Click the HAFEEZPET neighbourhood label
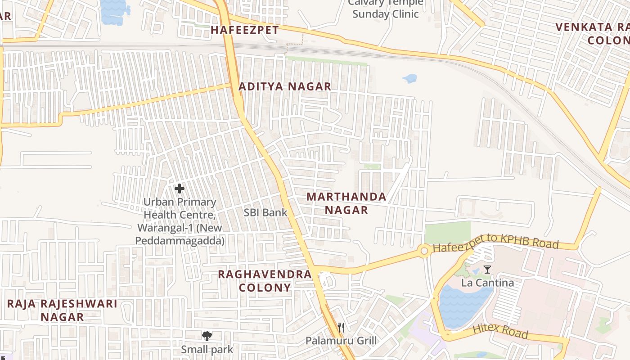[x=245, y=30]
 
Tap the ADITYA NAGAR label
[x=285, y=87]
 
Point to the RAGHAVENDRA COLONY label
[x=265, y=281]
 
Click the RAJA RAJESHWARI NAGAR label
[x=62, y=310]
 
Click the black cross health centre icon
[x=180, y=189]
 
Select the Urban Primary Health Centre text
[x=180, y=221]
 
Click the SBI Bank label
[x=265, y=213]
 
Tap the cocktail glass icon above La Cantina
[x=487, y=270]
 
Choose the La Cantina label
[x=487, y=283]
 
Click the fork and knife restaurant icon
[x=341, y=327]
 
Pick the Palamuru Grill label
[x=341, y=341]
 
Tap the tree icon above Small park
[x=207, y=336]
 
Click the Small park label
[x=207, y=350]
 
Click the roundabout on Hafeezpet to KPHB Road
[x=423, y=251]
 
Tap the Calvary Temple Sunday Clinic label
[x=386, y=9]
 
